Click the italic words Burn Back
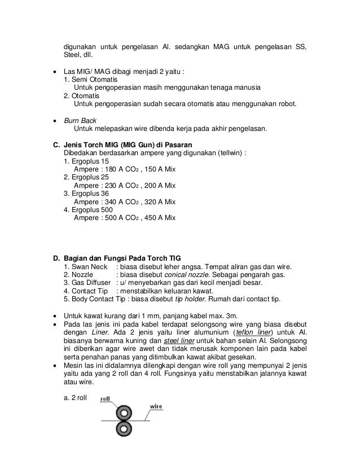80,120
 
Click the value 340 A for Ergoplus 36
113,201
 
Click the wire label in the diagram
156,406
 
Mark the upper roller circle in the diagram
123,412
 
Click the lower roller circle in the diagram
123,428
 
